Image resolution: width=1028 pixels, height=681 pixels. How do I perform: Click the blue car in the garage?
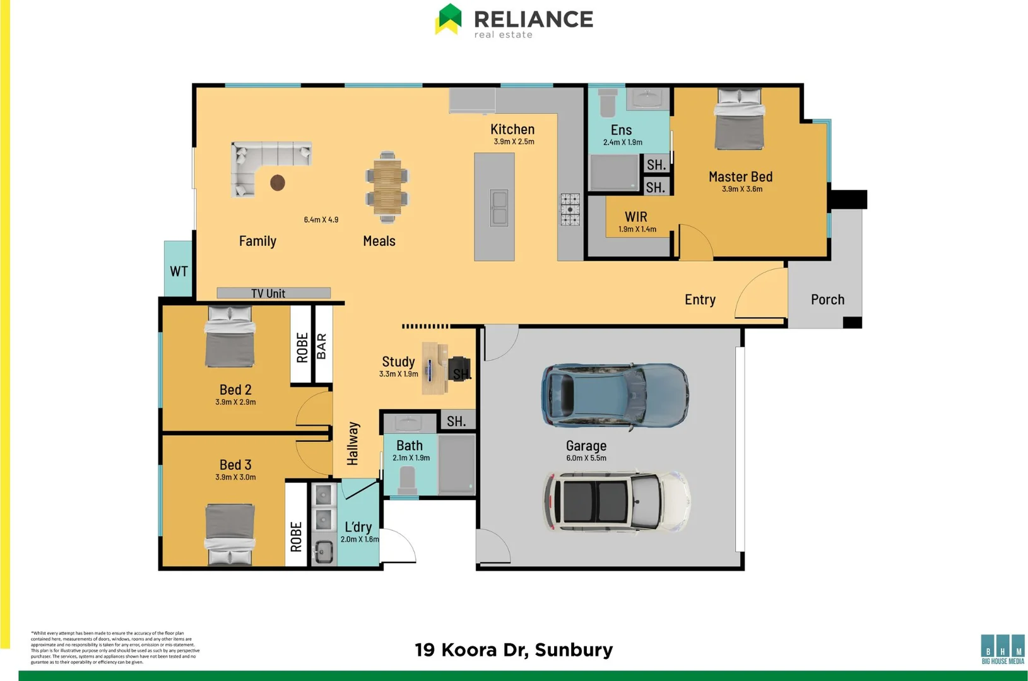615,397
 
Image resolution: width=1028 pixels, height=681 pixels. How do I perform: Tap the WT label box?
179,271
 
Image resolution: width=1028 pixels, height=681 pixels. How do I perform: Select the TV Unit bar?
273,293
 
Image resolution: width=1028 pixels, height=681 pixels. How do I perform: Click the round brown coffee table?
278,183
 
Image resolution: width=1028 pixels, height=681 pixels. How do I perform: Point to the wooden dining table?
387,186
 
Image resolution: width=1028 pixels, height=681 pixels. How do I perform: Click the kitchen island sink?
499,208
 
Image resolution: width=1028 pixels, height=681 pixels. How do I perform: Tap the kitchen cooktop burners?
570,209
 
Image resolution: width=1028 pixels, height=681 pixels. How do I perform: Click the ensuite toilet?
607,103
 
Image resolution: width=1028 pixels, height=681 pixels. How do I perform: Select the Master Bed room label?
740,177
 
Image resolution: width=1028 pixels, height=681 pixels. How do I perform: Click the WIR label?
635,217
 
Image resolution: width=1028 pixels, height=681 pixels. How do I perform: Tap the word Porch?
827,300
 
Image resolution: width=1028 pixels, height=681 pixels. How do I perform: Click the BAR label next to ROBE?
322,346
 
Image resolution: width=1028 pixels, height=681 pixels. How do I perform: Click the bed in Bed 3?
230,533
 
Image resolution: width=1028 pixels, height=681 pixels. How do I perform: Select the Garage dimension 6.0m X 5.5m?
586,458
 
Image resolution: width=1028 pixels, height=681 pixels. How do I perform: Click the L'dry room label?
358,527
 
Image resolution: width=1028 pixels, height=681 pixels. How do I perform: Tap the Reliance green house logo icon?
449,19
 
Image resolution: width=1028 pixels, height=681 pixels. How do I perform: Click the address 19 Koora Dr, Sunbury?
514,650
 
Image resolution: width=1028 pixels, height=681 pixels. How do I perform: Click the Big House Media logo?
1003,649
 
